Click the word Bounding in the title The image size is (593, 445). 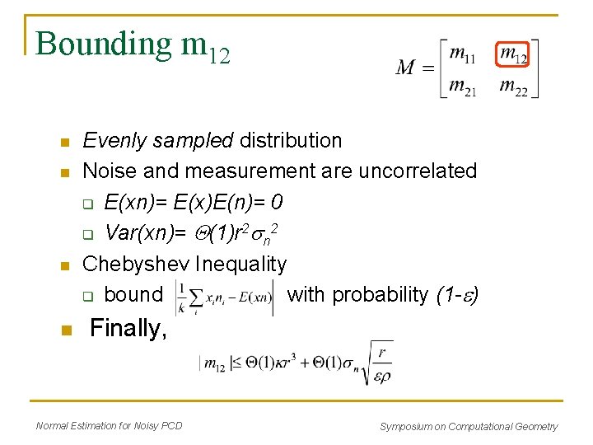click(x=102, y=44)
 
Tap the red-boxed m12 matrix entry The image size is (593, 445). click(x=514, y=54)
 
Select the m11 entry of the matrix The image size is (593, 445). click(x=462, y=54)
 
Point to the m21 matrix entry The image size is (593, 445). click(x=462, y=85)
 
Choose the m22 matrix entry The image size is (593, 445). click(x=514, y=86)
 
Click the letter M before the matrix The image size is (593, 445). click(x=405, y=68)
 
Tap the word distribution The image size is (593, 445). click(x=290, y=141)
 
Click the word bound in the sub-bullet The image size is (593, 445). click(x=133, y=294)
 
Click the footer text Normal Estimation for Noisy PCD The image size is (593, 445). click(x=109, y=426)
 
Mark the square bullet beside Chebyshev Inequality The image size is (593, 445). click(x=66, y=265)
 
